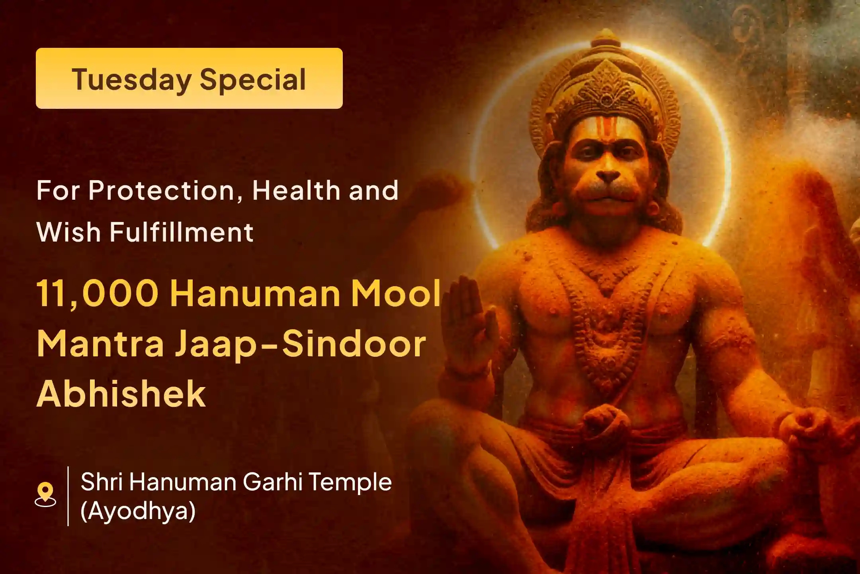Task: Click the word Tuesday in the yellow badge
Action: (131, 80)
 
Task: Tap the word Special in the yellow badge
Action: (253, 80)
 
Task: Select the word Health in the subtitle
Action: (296, 191)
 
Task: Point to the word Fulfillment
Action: (182, 232)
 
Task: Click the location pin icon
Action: (45, 494)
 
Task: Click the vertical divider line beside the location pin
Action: (68, 496)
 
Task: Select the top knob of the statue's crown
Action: (606, 38)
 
